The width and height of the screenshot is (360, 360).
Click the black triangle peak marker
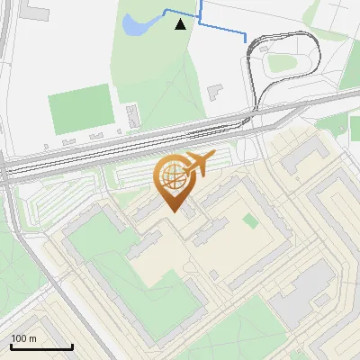[181, 24]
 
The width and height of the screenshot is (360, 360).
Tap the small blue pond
[137, 25]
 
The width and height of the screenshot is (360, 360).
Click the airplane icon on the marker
[197, 164]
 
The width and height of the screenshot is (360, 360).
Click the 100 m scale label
[23, 338]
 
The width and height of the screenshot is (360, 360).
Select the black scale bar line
[41, 346]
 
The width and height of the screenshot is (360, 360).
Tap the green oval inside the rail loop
[282, 63]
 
